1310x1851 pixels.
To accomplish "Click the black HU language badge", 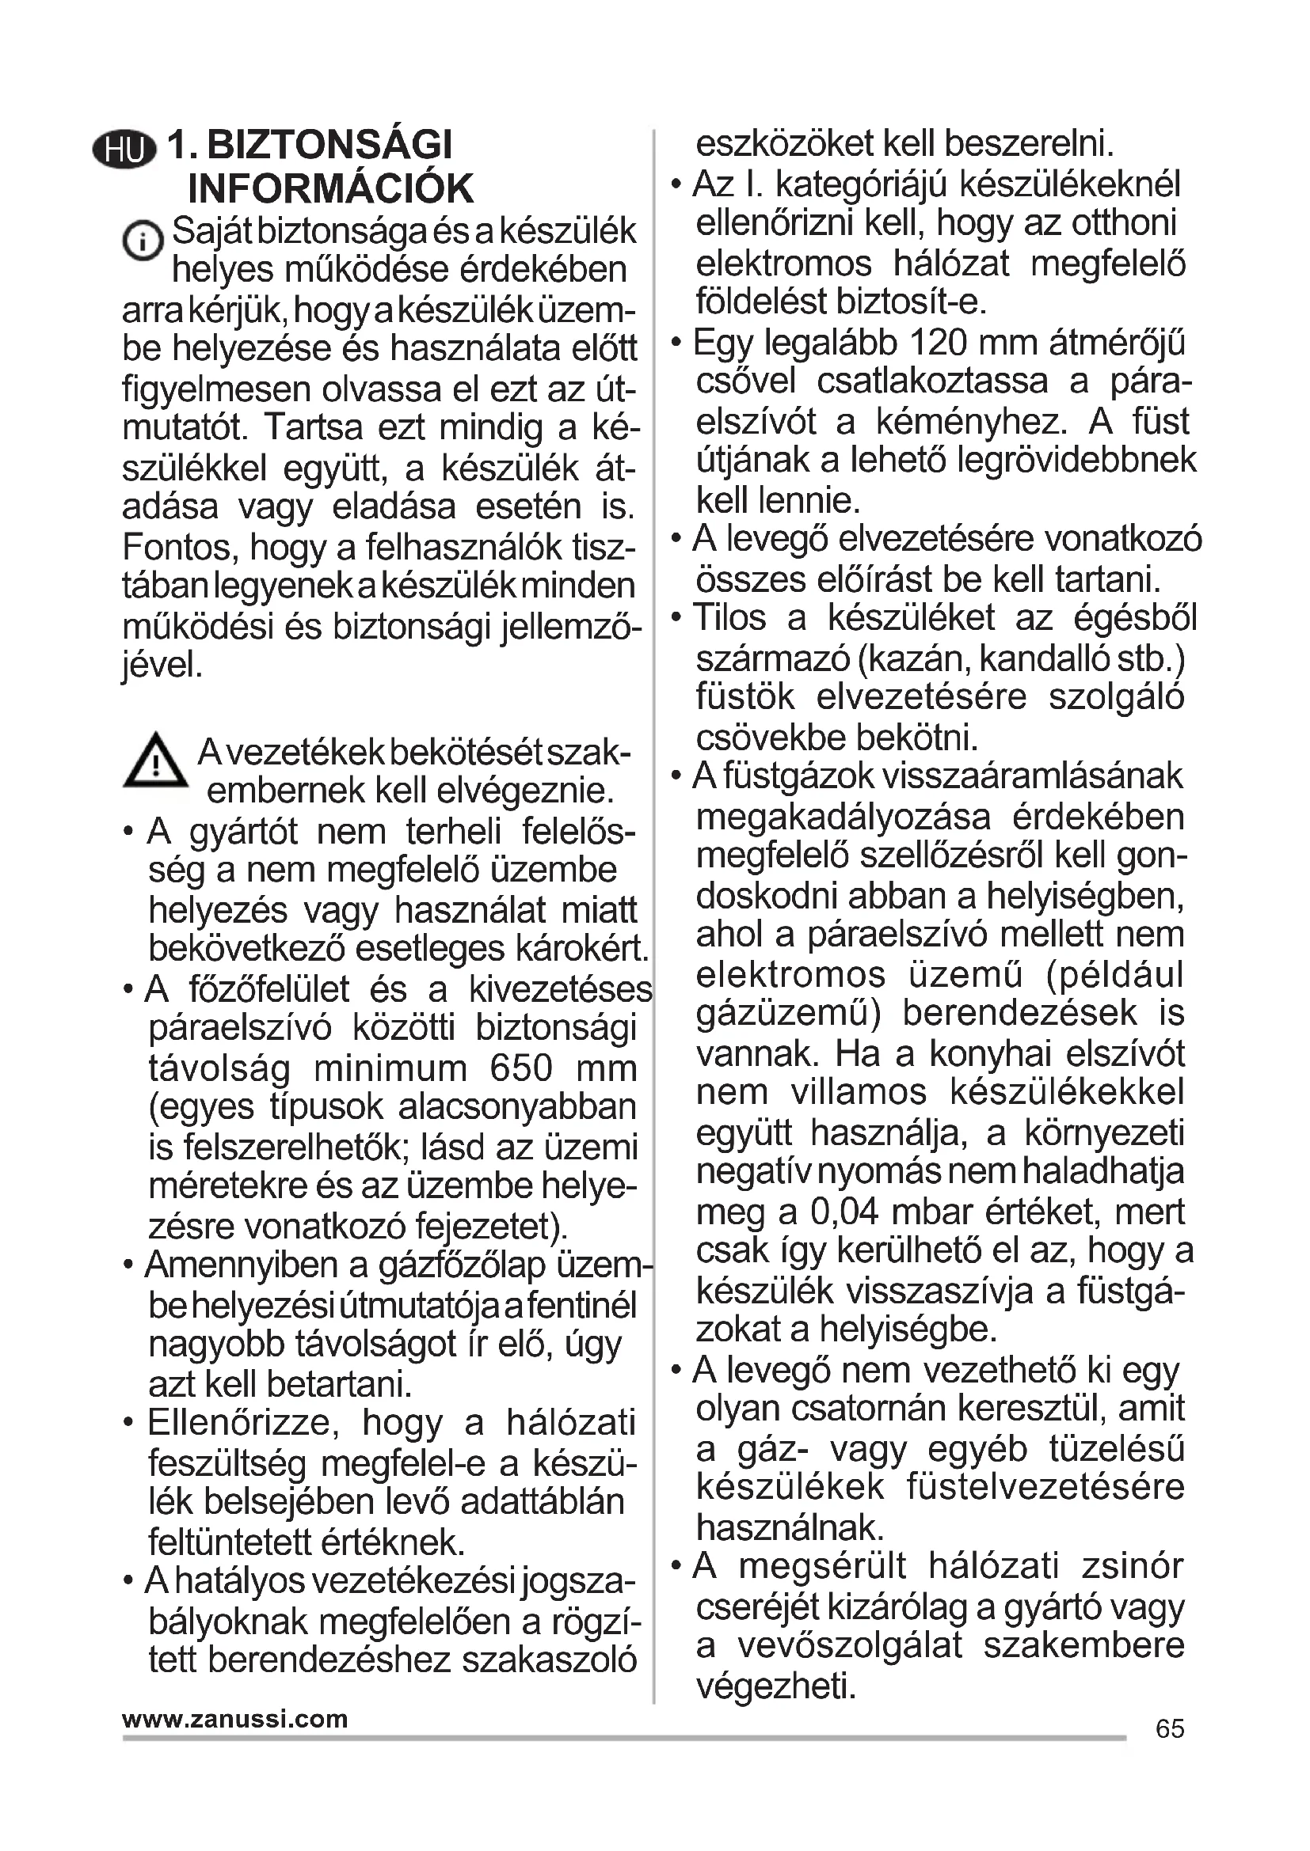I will coord(124,151).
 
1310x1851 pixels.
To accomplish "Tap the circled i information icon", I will coord(143,241).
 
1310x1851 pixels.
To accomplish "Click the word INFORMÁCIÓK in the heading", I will coord(331,188).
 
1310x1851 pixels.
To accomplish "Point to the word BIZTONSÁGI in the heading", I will coord(330,146).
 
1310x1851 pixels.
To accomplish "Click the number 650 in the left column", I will coord(521,1068).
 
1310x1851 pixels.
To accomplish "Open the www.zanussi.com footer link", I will coord(234,1719).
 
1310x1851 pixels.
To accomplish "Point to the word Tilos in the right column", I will coord(729,618).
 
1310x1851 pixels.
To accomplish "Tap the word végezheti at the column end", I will coord(775,1686).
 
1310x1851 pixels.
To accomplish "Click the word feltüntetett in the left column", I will coord(223,1542).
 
